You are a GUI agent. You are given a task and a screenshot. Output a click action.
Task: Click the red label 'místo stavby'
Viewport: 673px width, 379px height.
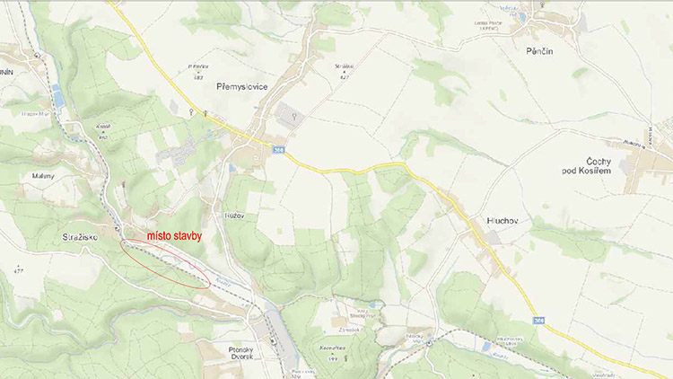[x=174, y=235]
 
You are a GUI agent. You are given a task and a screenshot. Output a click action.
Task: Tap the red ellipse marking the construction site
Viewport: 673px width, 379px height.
[x=165, y=263]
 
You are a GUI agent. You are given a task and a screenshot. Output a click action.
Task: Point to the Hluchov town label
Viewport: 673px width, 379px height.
[x=485, y=219]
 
